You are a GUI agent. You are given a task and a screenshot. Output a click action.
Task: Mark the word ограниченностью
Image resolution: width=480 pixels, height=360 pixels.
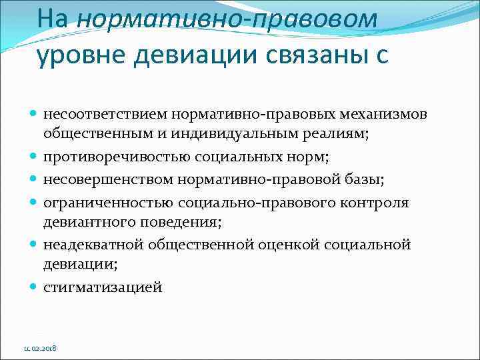(100, 202)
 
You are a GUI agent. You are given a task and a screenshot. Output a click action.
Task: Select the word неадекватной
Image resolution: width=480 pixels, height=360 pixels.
(89, 245)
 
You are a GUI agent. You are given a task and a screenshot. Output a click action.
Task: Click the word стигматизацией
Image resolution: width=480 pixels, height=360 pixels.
(102, 287)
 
